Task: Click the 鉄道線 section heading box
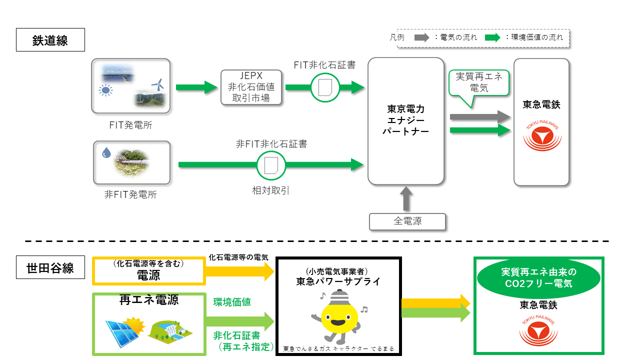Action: (50, 40)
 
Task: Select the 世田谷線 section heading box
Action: (50, 268)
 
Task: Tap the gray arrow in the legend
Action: (422, 37)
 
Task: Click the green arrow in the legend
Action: (492, 37)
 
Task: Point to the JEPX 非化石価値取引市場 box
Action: (251, 87)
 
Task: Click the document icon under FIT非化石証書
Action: (325, 87)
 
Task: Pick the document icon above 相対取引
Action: (271, 164)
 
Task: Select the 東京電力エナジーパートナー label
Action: (405, 120)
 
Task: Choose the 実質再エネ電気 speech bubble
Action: (478, 83)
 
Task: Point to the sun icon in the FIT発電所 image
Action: (105, 90)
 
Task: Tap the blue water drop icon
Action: (105, 153)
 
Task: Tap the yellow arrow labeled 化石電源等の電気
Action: (239, 271)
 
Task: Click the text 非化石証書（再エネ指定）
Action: (238, 340)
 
